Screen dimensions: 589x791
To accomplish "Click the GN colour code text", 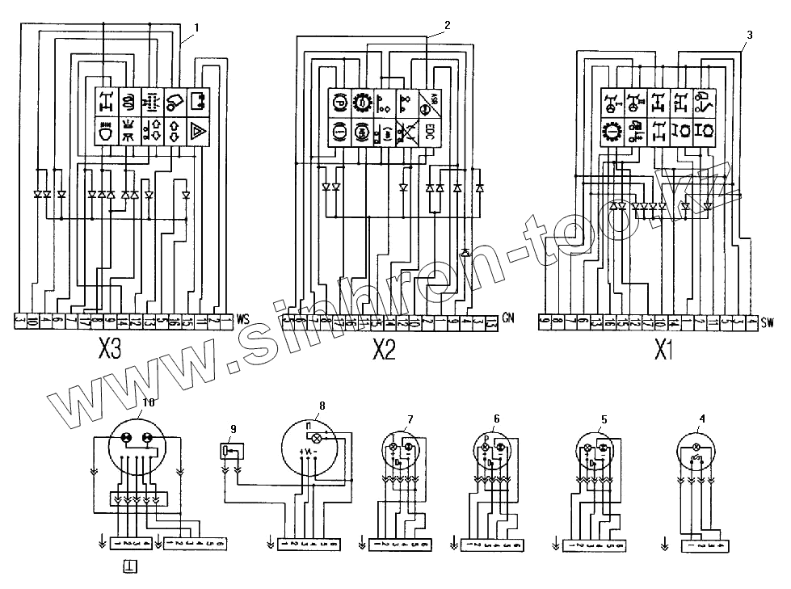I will coord(507,316).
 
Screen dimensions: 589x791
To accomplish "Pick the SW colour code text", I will coord(767,324).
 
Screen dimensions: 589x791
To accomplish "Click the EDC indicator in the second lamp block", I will coord(429,132).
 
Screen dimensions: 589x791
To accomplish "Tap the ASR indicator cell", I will coord(429,103).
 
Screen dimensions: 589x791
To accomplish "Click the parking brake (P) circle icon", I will coord(340,103).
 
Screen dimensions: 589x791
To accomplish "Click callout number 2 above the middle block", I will coord(447,24).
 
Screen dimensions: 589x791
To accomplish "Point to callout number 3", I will coord(750,35).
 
